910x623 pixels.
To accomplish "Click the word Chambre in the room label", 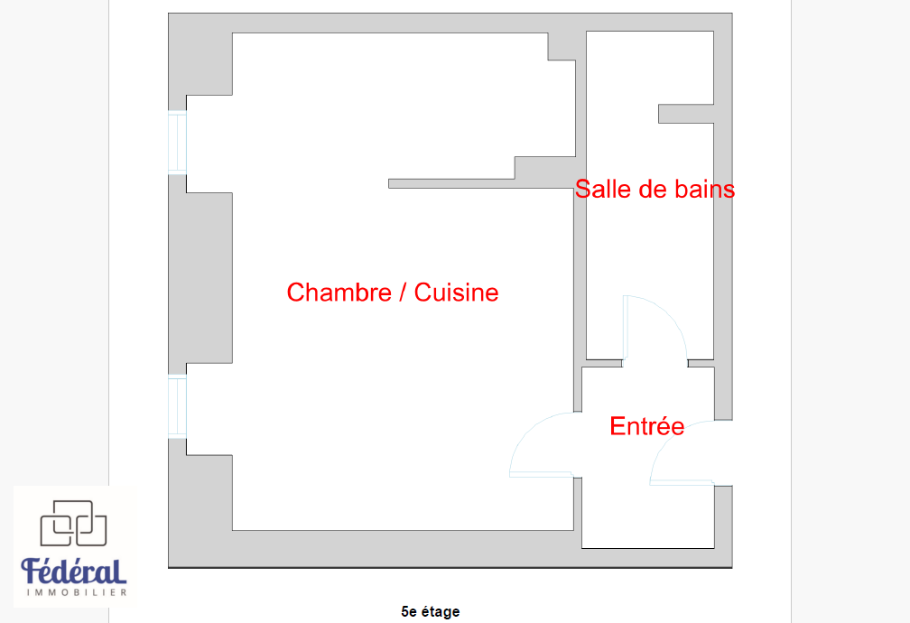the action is click(339, 293).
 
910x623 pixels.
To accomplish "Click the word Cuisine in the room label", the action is click(456, 293).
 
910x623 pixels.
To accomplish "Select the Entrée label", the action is click(647, 426).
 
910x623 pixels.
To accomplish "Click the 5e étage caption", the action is click(430, 611).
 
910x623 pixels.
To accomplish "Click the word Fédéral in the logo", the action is click(74, 572).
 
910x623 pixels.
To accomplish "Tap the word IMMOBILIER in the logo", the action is click(77, 592).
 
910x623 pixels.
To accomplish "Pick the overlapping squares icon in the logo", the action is click(73, 523).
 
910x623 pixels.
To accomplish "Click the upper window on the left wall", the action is click(178, 143).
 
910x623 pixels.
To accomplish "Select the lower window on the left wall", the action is click(178, 407).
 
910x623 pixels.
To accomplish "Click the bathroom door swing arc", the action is click(655, 328).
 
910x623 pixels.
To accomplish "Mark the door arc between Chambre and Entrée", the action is click(542, 445).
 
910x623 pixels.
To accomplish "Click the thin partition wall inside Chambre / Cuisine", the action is click(481, 183).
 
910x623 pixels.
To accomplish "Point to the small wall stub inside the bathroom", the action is click(686, 114).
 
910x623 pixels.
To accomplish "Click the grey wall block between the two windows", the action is click(200, 277).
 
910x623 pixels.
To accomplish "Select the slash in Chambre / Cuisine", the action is click(403, 293).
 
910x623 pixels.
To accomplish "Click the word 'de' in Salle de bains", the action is click(651, 190).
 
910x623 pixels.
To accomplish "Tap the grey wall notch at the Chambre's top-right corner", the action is click(562, 46).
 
